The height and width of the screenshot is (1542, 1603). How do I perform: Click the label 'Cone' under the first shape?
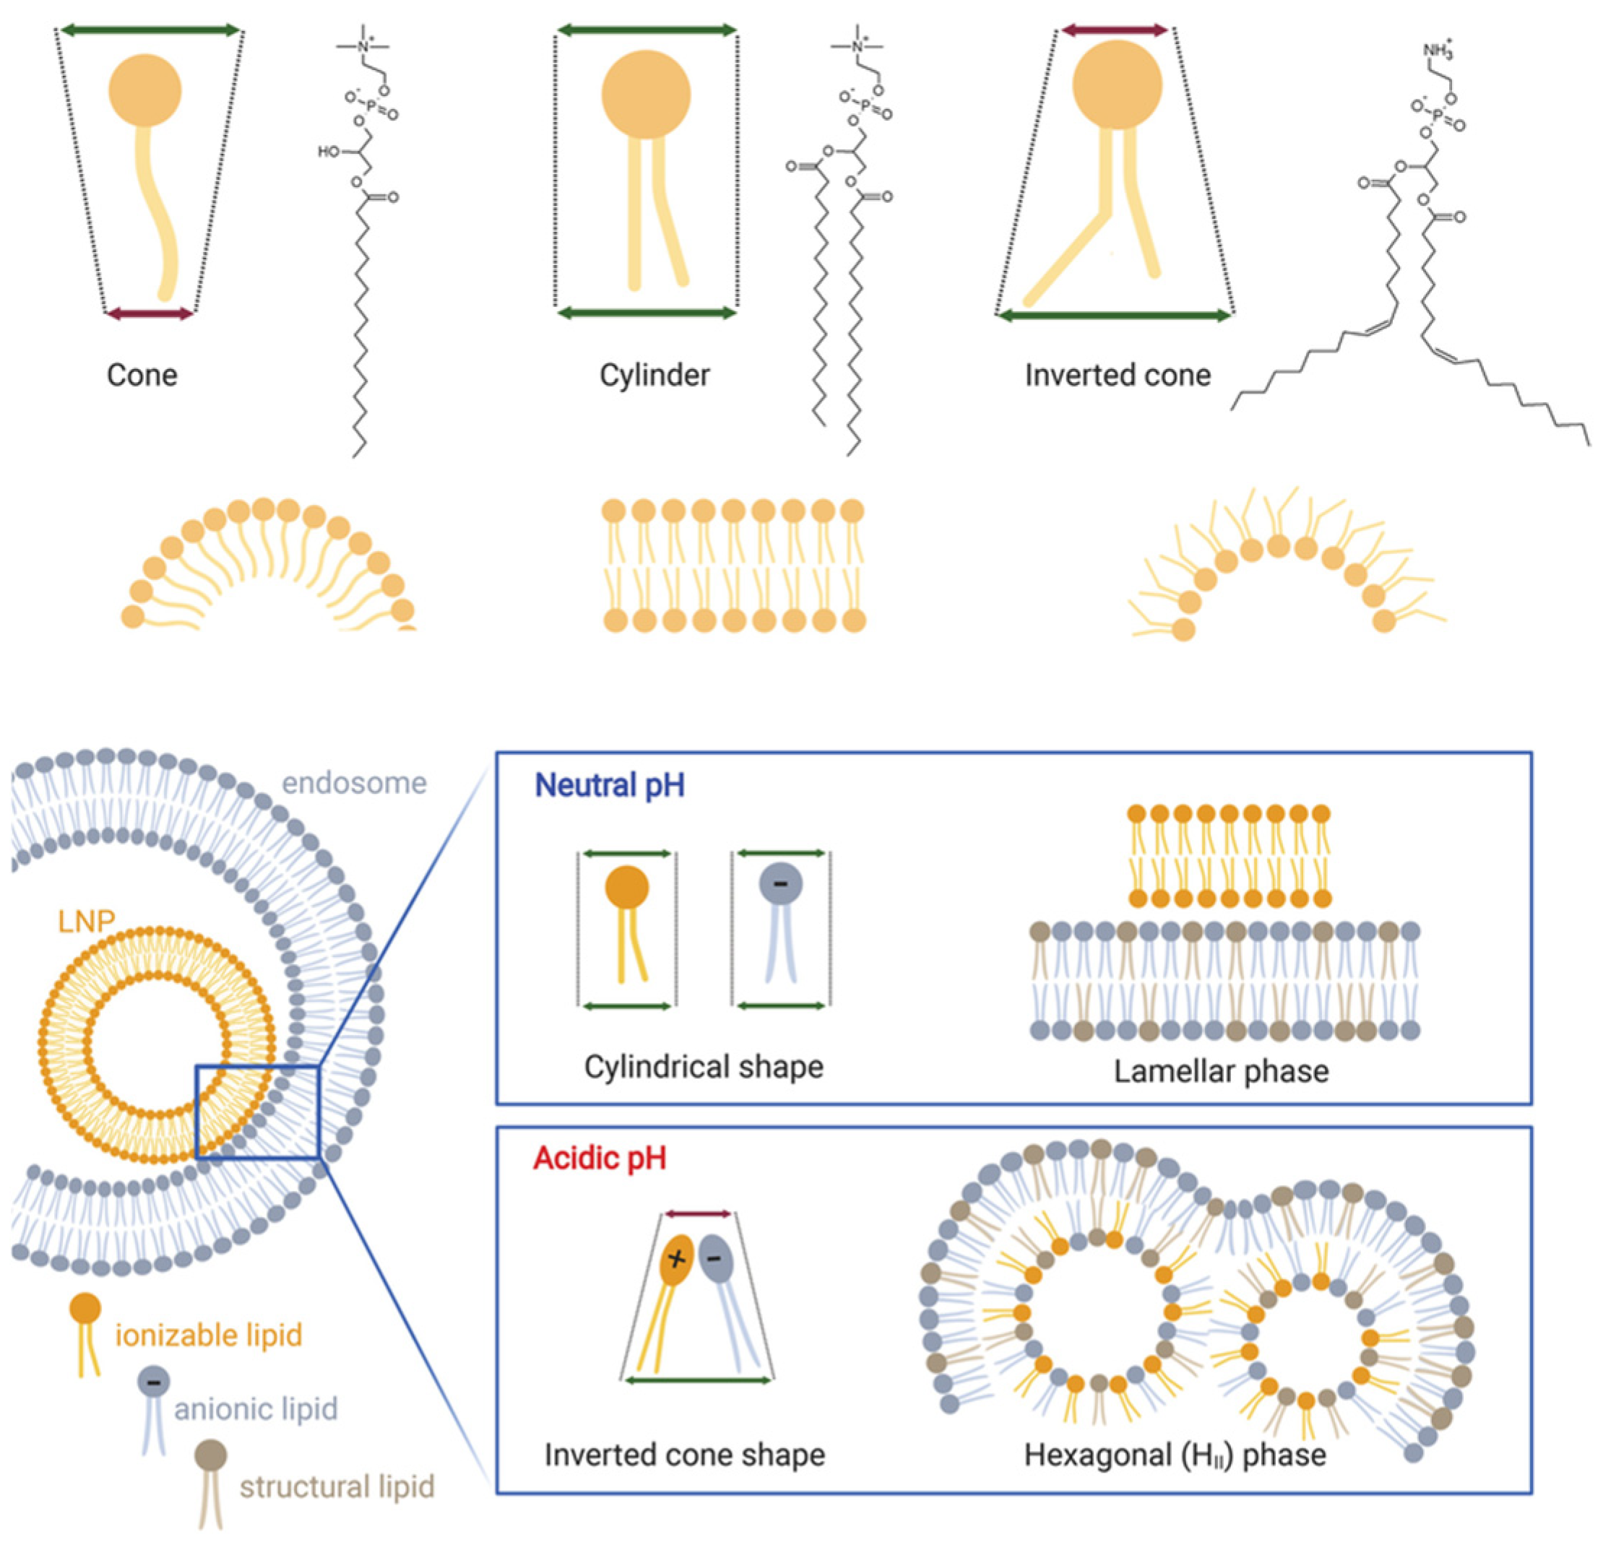pos(142,376)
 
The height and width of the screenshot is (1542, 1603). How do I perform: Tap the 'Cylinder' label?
pos(654,376)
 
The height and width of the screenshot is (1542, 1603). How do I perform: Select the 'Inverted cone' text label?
pos(1118,376)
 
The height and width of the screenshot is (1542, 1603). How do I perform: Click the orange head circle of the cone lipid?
pos(144,90)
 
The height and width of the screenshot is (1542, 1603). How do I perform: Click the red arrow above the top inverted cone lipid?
pos(1114,31)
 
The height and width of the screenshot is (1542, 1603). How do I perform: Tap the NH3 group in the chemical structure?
pos(1437,51)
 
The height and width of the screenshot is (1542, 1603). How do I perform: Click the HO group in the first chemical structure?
pos(329,151)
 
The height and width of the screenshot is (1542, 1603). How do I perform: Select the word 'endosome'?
pos(354,782)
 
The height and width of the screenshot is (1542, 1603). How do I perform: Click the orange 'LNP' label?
pos(86,922)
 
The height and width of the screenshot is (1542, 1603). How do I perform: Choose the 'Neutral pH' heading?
pos(609,785)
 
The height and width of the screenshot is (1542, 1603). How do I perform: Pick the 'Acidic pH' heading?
pos(600,1158)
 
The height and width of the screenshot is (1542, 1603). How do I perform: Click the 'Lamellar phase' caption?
pos(1221,1071)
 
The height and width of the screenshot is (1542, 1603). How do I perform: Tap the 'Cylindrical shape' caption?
pos(704,1066)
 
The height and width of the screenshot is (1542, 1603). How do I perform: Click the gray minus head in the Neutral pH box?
pos(780,884)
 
